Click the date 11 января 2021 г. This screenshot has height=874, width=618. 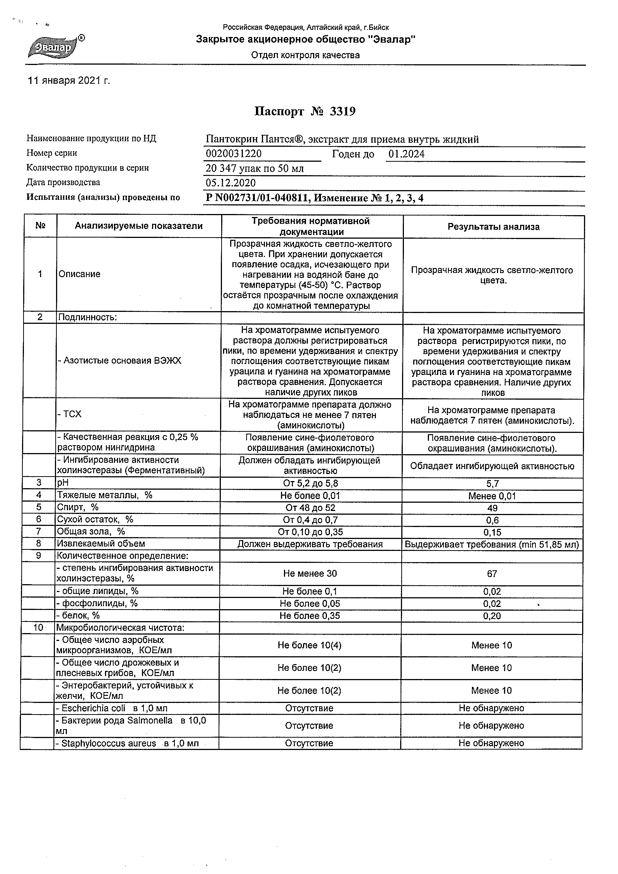pos(69,81)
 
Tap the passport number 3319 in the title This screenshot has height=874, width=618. pos(342,112)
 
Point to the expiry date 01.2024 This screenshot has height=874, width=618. pos(406,154)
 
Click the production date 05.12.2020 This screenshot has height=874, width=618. pos(231,183)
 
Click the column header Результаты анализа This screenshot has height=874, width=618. pos(493,227)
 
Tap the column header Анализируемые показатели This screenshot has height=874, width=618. pos(139,226)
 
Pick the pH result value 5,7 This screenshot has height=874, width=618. pos(492,484)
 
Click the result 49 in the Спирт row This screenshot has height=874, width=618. pos(492,508)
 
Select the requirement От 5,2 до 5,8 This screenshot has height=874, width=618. pos(310,483)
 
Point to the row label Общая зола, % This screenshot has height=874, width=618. pos(91,531)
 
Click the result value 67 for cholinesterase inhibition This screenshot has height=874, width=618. pos(492,574)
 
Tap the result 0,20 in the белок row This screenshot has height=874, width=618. pos(492,616)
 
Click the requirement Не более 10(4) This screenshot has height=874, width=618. pos(309,645)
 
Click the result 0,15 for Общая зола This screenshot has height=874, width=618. pos(492,532)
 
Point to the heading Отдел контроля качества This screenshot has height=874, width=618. pos(305,56)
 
